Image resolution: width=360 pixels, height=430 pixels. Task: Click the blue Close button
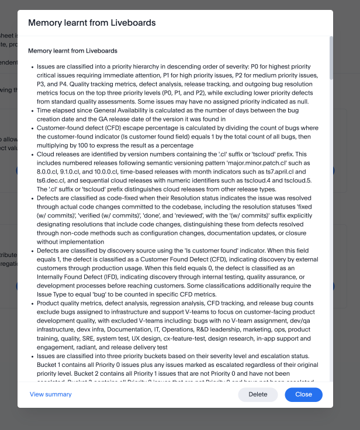[303, 394]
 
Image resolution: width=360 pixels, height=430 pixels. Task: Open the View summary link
[51, 394]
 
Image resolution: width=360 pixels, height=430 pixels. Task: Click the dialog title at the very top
[92, 23]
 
